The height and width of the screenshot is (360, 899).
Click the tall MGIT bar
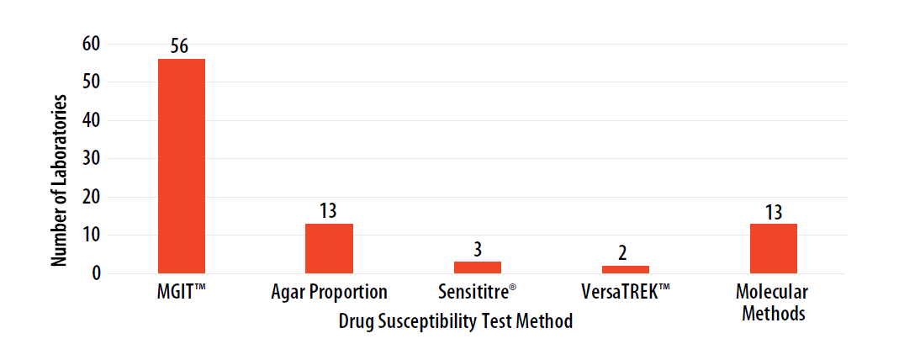click(x=182, y=166)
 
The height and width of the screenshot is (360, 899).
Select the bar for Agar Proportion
click(x=329, y=248)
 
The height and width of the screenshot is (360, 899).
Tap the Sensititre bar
click(x=478, y=267)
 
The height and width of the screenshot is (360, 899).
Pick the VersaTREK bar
click(x=625, y=269)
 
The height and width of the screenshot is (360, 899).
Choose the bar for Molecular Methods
click(x=773, y=248)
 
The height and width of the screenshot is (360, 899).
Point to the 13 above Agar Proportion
click(x=329, y=211)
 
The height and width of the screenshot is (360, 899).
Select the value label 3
click(x=478, y=250)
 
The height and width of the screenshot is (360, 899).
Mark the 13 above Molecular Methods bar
click(x=773, y=211)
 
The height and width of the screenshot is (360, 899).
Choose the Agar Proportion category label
click(x=329, y=293)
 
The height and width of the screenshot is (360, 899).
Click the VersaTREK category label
click(x=625, y=293)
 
